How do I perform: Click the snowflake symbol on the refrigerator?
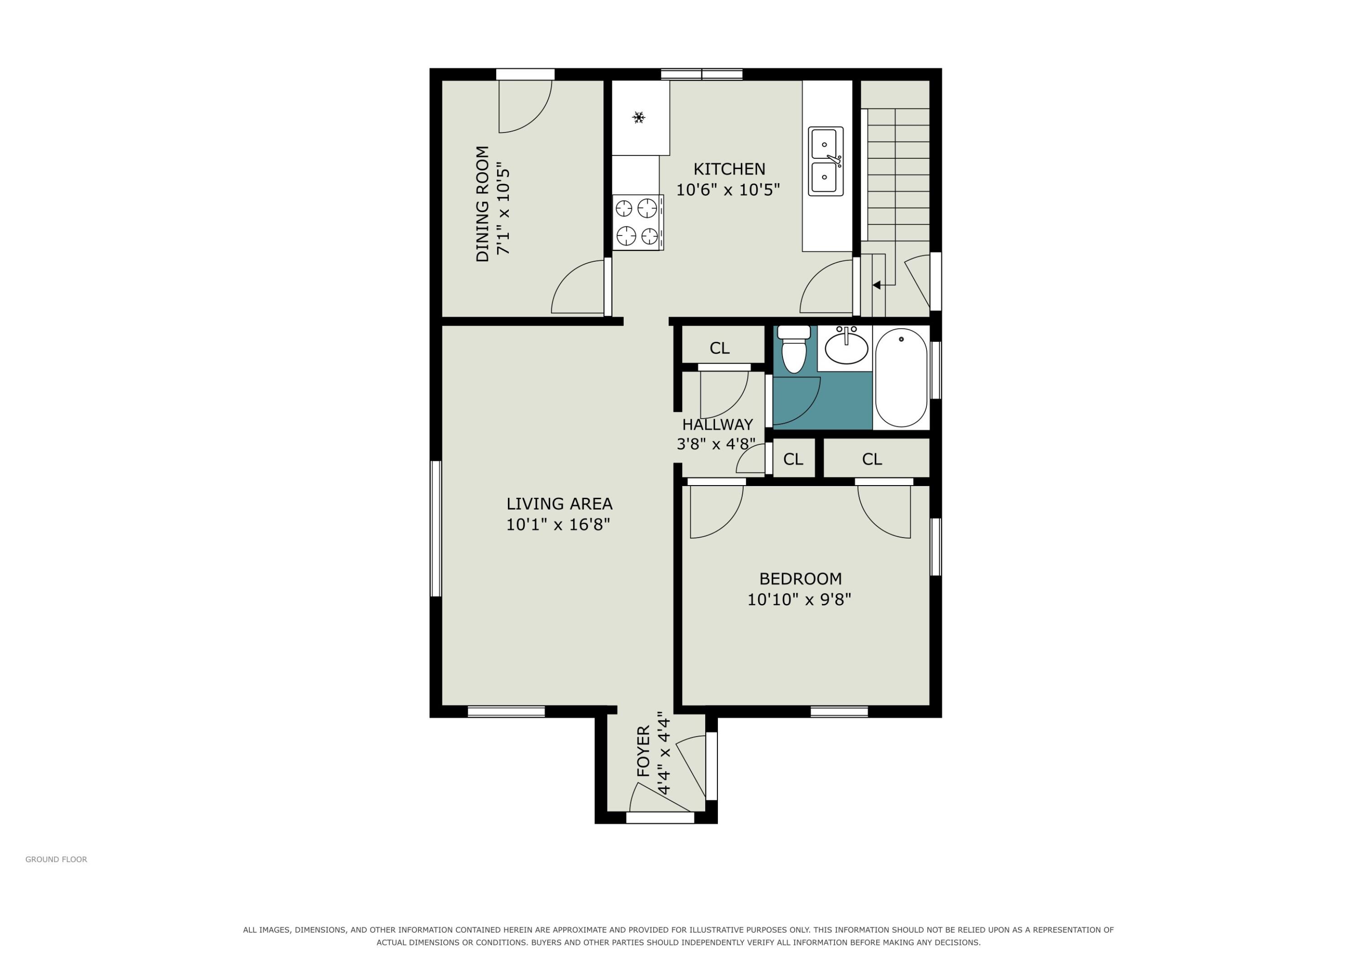click(638, 118)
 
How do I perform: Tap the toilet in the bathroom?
click(794, 349)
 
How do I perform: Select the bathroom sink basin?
click(846, 346)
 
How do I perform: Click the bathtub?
click(902, 378)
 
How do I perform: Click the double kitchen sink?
click(826, 161)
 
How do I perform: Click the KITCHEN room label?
click(729, 169)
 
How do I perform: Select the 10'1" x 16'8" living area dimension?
click(558, 524)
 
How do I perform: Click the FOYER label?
click(643, 751)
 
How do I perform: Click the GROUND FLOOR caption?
click(56, 860)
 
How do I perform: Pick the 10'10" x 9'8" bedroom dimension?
click(799, 600)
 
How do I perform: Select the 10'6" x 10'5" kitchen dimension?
click(728, 189)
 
